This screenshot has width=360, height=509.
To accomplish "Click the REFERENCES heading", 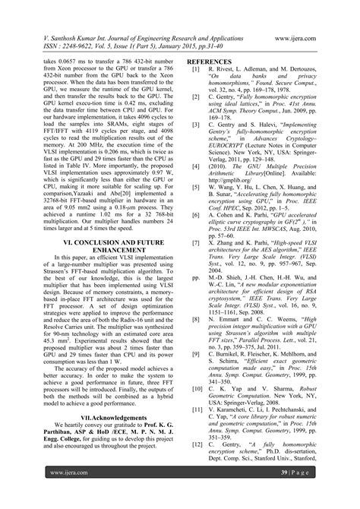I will pos(215,60).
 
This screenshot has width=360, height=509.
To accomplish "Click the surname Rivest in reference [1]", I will pos(226,68).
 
